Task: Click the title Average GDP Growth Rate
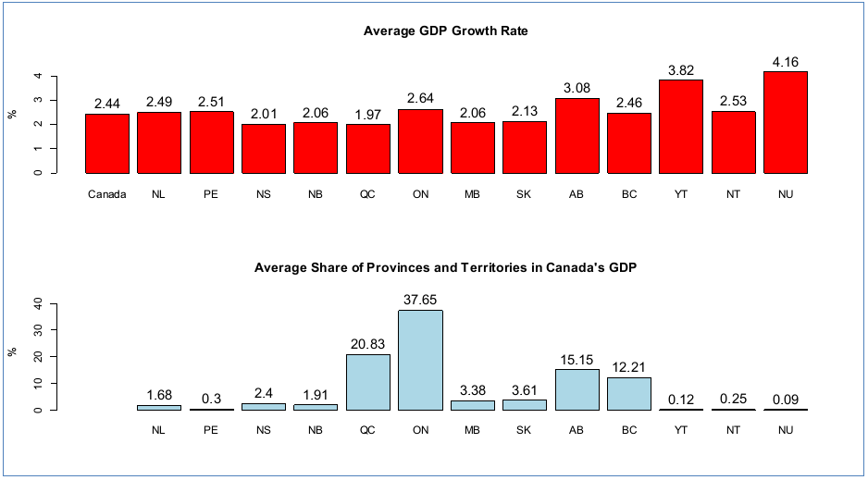[445, 31]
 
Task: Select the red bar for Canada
[107, 143]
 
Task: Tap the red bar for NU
[786, 122]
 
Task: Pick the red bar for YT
[681, 127]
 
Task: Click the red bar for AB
[577, 135]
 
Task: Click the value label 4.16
[786, 62]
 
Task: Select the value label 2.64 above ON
[420, 98]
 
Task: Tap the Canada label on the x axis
[107, 195]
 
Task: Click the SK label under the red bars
[525, 195]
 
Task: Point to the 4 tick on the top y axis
[38, 76]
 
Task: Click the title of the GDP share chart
[445, 267]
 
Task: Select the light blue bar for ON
[420, 360]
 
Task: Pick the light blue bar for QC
[368, 382]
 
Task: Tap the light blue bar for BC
[629, 393]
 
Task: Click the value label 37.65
[420, 300]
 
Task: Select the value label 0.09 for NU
[786, 399]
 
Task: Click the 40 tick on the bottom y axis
[38, 302]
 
